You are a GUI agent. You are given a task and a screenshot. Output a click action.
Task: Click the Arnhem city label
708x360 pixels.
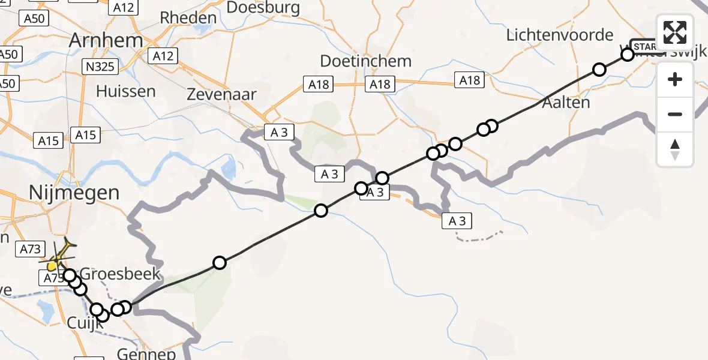pos(107,41)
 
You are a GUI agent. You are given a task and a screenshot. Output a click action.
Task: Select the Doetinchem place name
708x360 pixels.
pos(365,61)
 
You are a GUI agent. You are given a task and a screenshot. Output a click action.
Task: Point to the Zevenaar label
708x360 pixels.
pos(221,95)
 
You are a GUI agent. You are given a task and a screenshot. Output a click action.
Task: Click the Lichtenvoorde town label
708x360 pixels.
pos(560,35)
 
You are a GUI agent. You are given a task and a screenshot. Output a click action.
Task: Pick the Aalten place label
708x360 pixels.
pos(565,103)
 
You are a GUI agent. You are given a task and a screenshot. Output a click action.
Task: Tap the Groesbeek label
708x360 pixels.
pos(120,274)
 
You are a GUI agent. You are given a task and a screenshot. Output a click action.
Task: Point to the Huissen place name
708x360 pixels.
pos(125,91)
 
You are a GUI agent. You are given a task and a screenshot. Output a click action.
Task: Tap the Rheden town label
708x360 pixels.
pos(188,18)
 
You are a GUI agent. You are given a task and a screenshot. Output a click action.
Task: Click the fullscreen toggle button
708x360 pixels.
pos(675,32)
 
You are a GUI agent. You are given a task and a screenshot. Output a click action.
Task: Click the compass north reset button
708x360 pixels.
pos(675,149)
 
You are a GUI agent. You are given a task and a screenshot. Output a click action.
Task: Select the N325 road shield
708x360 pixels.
pos(100,67)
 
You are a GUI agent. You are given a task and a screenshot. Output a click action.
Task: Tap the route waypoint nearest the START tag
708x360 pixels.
pos(627,55)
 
